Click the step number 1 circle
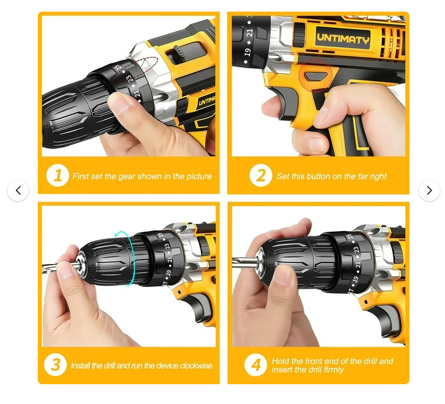[x=58, y=175]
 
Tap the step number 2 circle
[x=261, y=175]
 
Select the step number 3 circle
[x=55, y=365]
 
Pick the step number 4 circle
[x=256, y=365]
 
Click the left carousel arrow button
[x=18, y=190]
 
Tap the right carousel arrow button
[x=429, y=190]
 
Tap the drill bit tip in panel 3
[x=43, y=267]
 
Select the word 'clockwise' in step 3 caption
[x=196, y=366]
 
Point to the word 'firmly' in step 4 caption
[x=332, y=370]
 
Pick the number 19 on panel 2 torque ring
[x=247, y=52]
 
